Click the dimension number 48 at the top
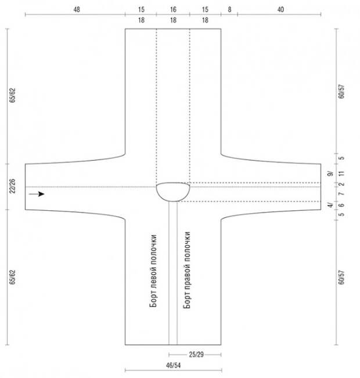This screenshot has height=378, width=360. pos(77,10)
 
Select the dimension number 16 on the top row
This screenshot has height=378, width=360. pos(173,10)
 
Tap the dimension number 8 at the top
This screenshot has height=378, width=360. pos(229,10)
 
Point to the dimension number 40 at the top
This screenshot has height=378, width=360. pos(280,10)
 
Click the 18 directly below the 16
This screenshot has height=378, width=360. pos(173,20)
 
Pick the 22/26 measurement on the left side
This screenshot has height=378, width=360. pos(12,186)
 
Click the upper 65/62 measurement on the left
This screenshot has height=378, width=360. pos(12,95)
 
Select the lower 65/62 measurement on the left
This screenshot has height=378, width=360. pos(12,277)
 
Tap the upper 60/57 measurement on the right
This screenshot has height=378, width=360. pos(341,91)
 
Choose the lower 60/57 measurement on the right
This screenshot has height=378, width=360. pos(341,278)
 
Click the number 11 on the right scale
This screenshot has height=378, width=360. pos(341,174)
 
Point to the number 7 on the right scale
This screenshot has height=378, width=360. pos(341,194)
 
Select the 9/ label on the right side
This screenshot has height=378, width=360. pos(330,174)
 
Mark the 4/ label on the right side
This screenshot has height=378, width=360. pos(330,205)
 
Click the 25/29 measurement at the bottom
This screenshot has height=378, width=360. pos(196,355)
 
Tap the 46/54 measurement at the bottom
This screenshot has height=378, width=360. pos(173,365)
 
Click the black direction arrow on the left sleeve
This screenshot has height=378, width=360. pos(37,194)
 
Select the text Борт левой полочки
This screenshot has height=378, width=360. pos(153,271)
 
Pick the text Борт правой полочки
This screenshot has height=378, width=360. pos(187,270)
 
